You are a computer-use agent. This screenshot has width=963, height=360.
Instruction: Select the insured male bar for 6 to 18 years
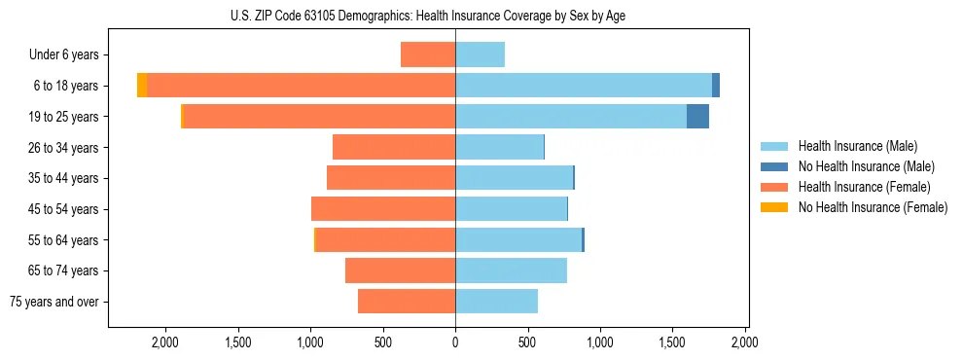tap(584, 86)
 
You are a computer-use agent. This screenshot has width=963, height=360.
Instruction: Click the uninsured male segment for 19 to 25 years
tap(697, 117)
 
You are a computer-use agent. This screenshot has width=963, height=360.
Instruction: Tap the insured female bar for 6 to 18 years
tap(302, 86)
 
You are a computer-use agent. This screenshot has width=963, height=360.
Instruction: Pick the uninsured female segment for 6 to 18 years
tap(142, 86)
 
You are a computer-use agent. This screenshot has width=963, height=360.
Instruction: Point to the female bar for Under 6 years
tap(428, 54)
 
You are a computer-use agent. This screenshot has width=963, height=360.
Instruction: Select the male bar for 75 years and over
tap(496, 302)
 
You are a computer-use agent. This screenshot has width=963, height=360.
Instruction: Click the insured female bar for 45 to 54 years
tap(383, 209)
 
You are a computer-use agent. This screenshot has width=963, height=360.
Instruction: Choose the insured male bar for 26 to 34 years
tap(499, 147)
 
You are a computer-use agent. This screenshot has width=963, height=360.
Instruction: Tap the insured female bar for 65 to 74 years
tap(400, 270)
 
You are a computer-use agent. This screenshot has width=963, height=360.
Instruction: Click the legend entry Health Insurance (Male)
tap(857, 146)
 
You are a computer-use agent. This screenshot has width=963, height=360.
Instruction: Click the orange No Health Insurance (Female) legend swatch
tap(774, 207)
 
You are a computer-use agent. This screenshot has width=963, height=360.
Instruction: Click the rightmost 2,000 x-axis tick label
tap(744, 342)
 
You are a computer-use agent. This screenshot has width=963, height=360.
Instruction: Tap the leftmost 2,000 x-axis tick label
tap(165, 342)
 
